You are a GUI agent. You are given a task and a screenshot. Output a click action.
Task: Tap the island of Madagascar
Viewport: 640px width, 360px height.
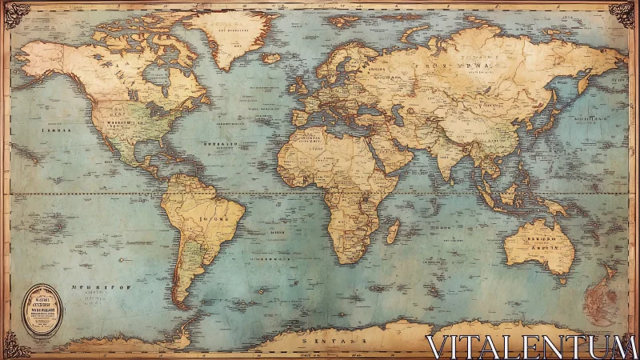393,231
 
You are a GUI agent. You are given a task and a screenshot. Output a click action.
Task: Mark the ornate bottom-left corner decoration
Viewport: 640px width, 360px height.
16,346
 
